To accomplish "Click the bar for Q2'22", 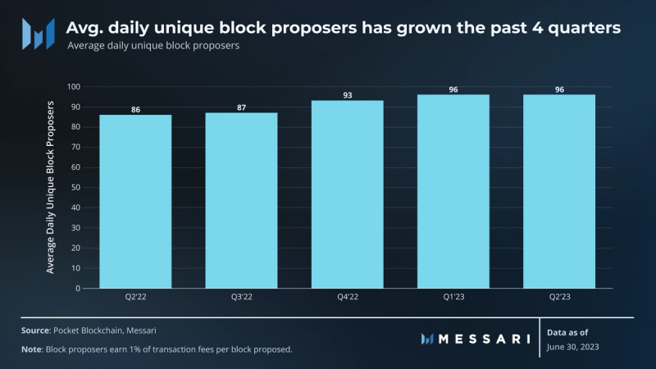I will coord(135,201).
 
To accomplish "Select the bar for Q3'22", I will coord(241,200).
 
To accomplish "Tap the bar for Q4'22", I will coord(347,194).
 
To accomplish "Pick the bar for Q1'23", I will coord(453,191).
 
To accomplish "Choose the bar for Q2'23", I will coord(558,191).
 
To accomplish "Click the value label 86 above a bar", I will coord(135,109).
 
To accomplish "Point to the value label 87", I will coord(241,107).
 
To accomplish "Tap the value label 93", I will coord(347,95).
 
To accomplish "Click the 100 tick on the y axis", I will coord(75,87).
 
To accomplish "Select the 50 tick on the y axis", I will coord(76,188).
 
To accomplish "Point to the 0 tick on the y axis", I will coord(79,289).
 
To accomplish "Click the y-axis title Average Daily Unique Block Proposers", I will coord(51,187).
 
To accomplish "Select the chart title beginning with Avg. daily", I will coord(343,28).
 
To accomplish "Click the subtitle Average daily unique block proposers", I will coord(153,47).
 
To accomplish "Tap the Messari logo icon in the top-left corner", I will coord(39,34).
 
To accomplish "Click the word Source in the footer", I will coord(35,330).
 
